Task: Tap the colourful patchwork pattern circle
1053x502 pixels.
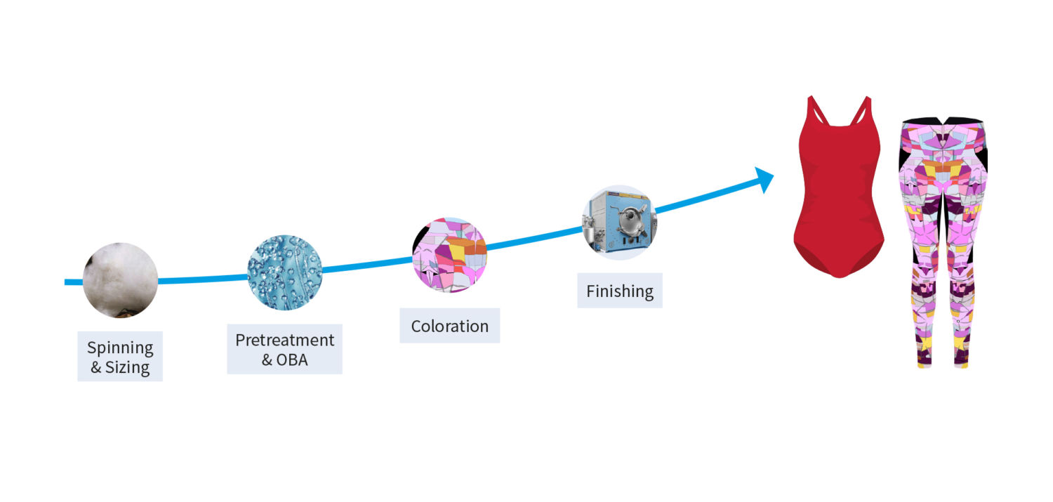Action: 449,254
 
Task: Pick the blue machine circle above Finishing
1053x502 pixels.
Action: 619,222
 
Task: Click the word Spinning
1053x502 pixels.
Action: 120,348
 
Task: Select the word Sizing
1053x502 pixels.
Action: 128,367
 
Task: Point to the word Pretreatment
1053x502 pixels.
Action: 284,340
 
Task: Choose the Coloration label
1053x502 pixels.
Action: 449,326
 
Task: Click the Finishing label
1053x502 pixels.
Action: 619,291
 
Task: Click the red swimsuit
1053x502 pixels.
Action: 839,197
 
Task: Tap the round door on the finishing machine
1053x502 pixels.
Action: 627,218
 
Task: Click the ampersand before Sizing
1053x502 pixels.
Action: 96,367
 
